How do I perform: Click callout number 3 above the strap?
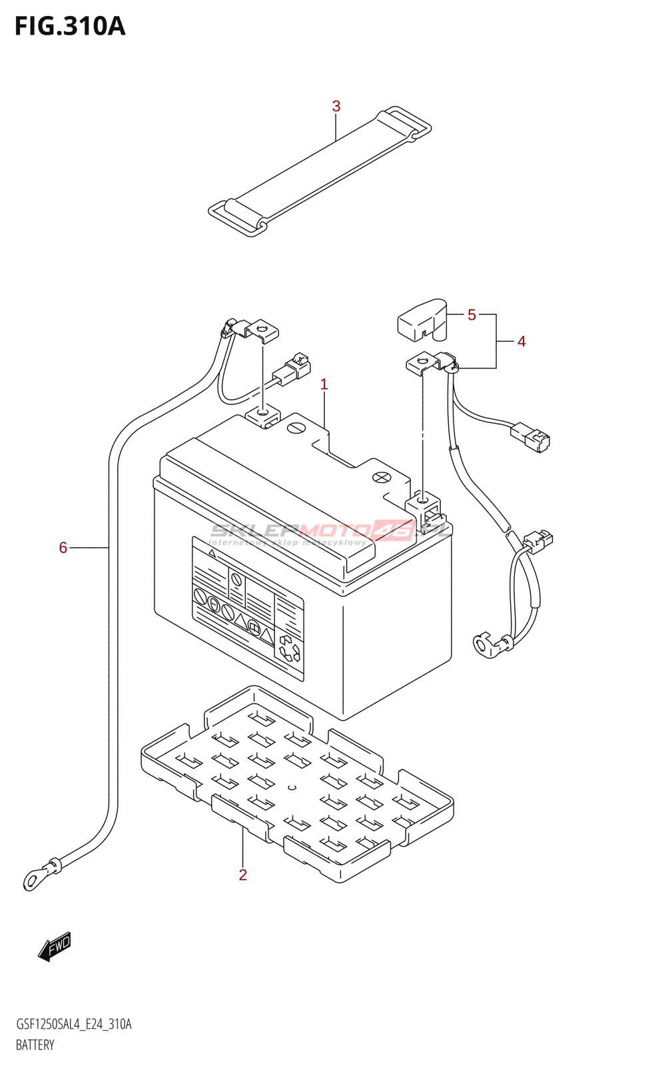[x=336, y=106]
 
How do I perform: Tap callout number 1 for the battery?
[x=324, y=384]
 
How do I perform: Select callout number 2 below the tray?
[x=243, y=875]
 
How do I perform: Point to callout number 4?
[x=521, y=342]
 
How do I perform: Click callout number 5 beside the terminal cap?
[x=472, y=314]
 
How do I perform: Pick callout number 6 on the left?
[x=63, y=548]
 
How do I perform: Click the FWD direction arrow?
[x=55, y=946]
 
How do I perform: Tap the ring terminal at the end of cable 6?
[x=32, y=881]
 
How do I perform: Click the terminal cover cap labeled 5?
[x=422, y=319]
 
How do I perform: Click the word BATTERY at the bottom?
[x=35, y=1045]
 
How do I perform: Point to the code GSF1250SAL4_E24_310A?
[x=73, y=1024]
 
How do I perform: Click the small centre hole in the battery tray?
[x=291, y=787]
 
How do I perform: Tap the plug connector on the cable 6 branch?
[x=294, y=368]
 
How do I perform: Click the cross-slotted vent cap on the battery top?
[x=380, y=477]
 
